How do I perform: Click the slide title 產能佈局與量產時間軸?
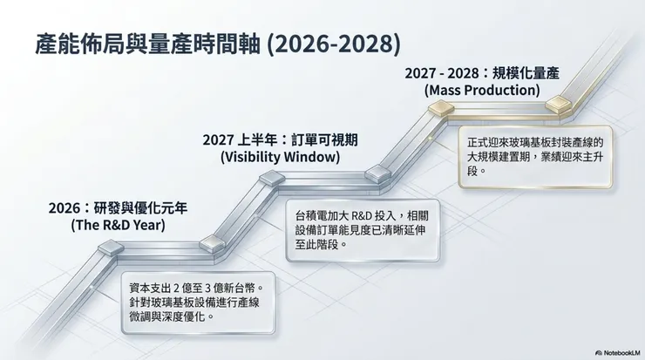pyautogui.click(x=134, y=44)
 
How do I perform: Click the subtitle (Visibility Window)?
pyautogui.click(x=274, y=157)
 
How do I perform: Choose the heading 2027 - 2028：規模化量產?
pyautogui.click(x=481, y=73)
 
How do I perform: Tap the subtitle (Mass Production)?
pyautogui.click(x=481, y=90)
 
